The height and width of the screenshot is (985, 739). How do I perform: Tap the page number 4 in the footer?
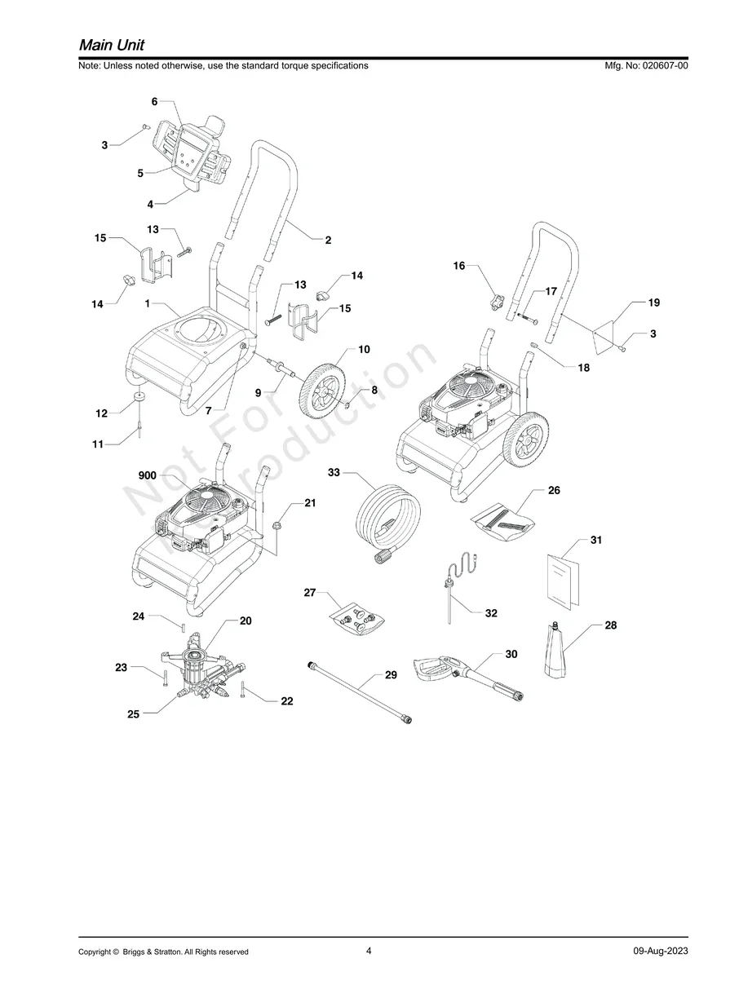click(x=369, y=951)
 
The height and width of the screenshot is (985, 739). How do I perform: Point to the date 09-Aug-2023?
click(x=660, y=952)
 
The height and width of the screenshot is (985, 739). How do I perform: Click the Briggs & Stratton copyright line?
click(x=163, y=952)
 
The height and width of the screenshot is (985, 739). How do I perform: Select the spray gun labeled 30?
click(x=465, y=674)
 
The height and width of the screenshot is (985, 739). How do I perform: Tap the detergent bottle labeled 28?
click(x=560, y=652)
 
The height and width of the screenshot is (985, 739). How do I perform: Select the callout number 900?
click(x=147, y=475)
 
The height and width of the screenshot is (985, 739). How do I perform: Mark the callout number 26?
click(x=554, y=491)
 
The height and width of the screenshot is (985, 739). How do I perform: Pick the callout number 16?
click(x=458, y=266)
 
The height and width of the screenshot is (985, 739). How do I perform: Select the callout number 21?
click(x=310, y=503)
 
